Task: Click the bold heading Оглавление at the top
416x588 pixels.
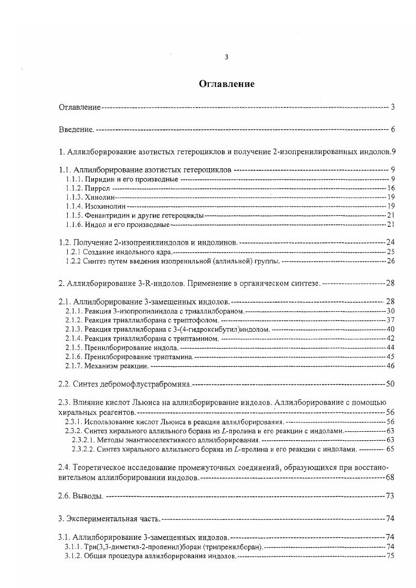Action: point(226,84)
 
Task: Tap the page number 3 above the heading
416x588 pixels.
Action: point(226,58)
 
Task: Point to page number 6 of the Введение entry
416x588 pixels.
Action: point(392,129)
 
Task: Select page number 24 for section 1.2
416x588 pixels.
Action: point(390,242)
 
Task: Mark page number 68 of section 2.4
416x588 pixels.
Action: point(390,477)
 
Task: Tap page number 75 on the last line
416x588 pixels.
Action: point(390,556)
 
